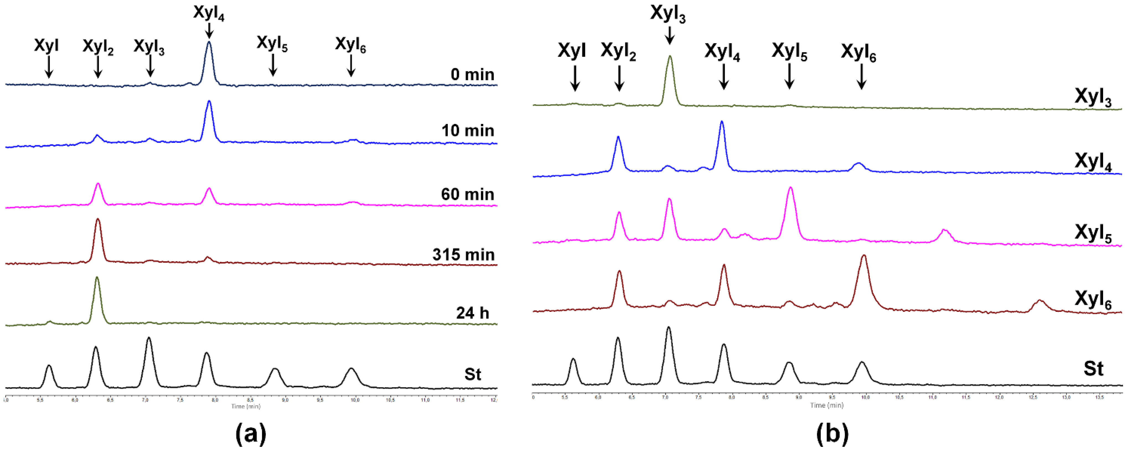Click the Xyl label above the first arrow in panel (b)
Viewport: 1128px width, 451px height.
(x=571, y=51)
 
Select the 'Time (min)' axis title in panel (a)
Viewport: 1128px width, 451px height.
(x=246, y=406)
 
